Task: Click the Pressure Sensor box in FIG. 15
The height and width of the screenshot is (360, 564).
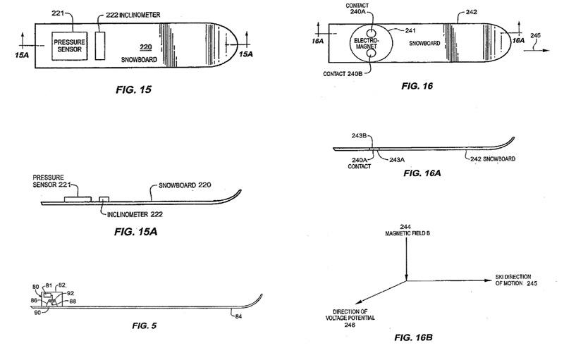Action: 69,46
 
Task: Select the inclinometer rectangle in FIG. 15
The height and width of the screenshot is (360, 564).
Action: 100,46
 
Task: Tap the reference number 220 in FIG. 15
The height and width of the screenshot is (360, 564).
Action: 146,47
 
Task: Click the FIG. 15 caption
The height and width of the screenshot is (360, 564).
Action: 133,89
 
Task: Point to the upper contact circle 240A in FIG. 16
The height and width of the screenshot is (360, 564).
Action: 371,34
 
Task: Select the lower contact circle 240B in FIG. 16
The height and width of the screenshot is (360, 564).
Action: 371,54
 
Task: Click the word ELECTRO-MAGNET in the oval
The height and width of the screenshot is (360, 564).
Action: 367,44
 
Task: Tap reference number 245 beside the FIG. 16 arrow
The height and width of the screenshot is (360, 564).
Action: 535,35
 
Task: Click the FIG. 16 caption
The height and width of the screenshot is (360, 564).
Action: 417,86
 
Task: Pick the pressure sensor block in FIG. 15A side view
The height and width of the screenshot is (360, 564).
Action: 78,199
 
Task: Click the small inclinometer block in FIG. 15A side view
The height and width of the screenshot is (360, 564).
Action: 104,199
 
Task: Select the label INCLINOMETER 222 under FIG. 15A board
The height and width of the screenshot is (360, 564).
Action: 135,214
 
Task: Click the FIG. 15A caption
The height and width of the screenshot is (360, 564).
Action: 135,232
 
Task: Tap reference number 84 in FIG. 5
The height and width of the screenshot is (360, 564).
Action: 238,316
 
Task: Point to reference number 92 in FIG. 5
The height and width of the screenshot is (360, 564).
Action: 70,293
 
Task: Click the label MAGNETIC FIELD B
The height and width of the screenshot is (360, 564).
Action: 407,233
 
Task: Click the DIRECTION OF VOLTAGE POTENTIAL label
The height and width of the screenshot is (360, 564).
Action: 350,315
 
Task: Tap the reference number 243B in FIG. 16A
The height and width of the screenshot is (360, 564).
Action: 359,136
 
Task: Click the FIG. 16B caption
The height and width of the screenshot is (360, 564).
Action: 413,337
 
